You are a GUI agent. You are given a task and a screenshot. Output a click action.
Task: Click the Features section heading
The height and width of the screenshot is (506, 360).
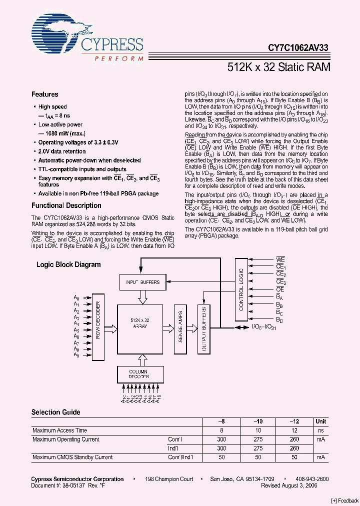(x=44, y=94)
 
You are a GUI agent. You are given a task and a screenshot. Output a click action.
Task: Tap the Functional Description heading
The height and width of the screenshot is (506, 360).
(x=66, y=205)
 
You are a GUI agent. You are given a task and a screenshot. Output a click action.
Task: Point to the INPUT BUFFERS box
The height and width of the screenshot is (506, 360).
(x=143, y=282)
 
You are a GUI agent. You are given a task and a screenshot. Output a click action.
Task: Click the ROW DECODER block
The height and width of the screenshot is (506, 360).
(x=98, y=329)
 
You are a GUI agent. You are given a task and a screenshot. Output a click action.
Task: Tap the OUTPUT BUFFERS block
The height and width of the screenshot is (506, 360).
(x=203, y=329)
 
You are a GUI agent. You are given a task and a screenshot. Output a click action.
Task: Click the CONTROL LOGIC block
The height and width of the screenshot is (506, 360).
(x=241, y=289)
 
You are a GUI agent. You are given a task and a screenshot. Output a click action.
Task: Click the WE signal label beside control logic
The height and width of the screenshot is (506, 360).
(x=280, y=260)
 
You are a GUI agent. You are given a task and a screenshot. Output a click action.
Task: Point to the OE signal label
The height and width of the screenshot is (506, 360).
(x=280, y=289)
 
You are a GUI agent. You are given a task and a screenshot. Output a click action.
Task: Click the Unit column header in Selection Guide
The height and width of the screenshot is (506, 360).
(x=321, y=421)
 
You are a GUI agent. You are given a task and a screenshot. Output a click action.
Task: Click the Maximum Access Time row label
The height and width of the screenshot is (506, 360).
(x=59, y=430)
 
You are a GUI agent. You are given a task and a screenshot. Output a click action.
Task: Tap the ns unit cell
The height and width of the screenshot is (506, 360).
(x=321, y=430)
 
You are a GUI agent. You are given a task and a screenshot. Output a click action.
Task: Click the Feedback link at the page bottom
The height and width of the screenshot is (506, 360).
(x=344, y=500)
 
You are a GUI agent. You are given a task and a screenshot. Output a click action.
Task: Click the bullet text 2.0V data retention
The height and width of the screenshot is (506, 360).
(x=62, y=151)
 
